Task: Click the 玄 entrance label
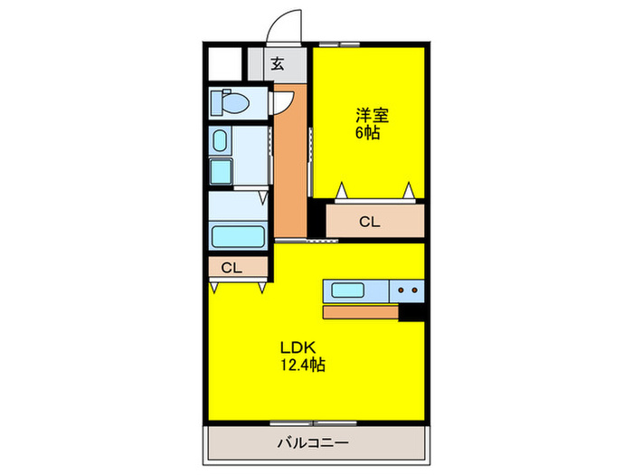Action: [x=278, y=64]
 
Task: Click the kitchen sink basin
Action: [x=347, y=290]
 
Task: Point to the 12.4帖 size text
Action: [x=302, y=366]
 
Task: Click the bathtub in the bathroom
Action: [x=237, y=237]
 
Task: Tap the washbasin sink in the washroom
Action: [x=220, y=140]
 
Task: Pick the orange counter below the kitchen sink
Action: [x=360, y=312]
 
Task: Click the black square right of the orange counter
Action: [x=412, y=312]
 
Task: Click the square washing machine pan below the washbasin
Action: [x=220, y=172]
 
